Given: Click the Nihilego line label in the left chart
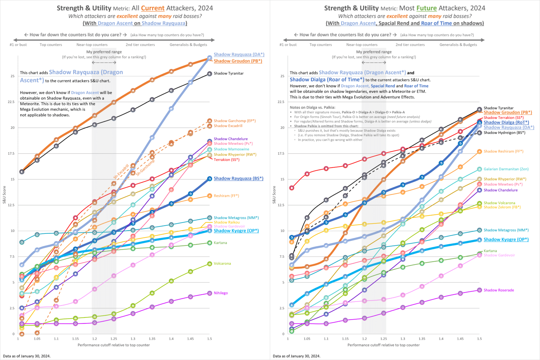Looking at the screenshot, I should click(221, 293).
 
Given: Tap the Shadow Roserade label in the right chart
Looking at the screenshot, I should click(499, 290).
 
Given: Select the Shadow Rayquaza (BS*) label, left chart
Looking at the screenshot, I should click(238, 179).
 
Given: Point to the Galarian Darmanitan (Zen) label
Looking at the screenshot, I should click(506, 169).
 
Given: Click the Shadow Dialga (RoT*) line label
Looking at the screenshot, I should click(506, 122).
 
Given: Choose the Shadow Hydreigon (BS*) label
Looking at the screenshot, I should click(504, 133).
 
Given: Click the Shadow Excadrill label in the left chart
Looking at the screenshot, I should click(228, 126).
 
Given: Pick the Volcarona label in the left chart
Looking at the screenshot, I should click(222, 263).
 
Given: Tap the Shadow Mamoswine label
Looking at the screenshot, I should click(231, 149).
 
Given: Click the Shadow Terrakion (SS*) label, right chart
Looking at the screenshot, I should click(503, 117).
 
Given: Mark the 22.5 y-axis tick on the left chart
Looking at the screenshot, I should click(12, 102).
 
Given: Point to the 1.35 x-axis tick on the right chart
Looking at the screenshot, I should click(422, 339).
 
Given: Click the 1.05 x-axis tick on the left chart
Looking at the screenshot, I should click(37, 339).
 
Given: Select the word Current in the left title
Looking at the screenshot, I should click(153, 8).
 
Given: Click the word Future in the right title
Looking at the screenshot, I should click(426, 8).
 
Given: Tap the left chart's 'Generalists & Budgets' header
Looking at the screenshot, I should click(188, 45).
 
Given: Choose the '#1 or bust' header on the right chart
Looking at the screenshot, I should click(288, 45).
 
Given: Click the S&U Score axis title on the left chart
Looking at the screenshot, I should click(4, 195).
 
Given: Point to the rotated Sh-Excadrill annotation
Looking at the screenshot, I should click(121, 172).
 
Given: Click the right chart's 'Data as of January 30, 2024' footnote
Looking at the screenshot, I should click(296, 356).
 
